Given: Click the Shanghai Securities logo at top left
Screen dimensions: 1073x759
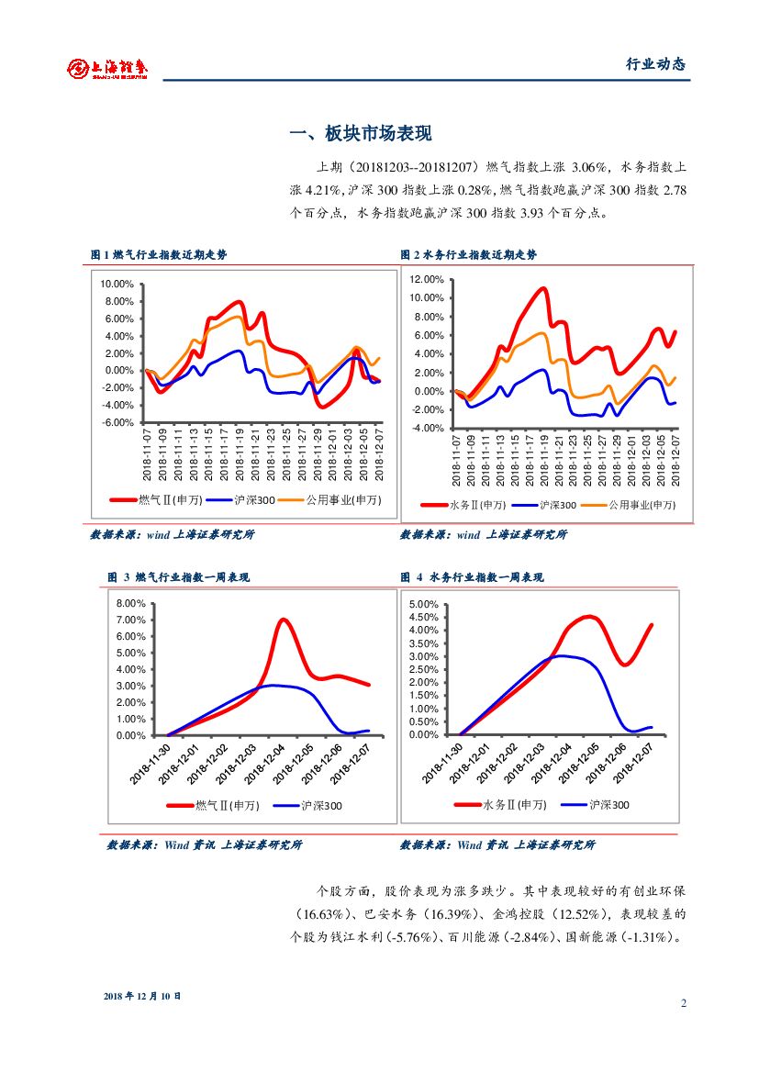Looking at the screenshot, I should pos(108,68).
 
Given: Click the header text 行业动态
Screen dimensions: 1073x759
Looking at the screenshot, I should pos(655,64).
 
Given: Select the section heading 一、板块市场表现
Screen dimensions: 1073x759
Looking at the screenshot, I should pos(360,134).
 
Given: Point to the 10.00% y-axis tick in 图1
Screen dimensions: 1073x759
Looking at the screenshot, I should pos(117,285).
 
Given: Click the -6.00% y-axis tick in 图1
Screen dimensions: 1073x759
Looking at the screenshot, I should pos(117,422).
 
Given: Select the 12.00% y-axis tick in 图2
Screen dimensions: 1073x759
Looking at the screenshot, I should pos(427,279).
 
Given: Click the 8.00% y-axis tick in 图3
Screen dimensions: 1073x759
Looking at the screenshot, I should pos(131,603).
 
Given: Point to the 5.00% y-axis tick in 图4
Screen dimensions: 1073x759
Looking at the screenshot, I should pos(423,604).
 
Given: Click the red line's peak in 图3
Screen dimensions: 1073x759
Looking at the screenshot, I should pos(284,620).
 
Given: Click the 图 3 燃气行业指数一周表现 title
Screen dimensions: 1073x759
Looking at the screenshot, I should pos(179,577).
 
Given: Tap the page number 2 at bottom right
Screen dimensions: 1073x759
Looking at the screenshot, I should pos(684,1002).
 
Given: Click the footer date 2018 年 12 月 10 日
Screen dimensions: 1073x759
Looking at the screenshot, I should pos(142,995).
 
